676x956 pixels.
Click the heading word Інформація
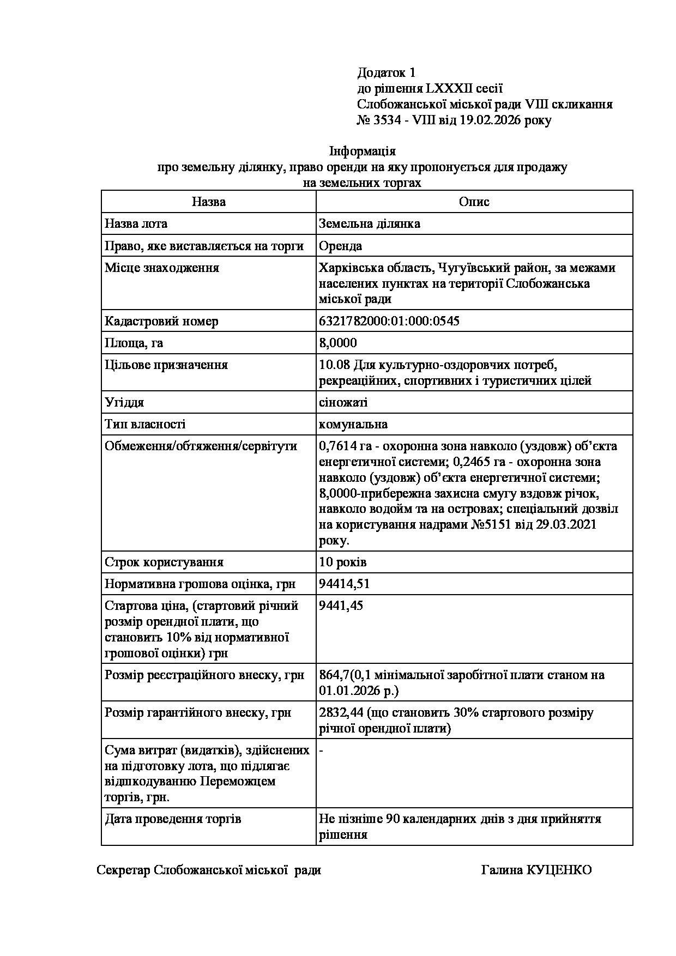pyautogui.click(x=363, y=151)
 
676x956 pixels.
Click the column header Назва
pyautogui.click(x=209, y=202)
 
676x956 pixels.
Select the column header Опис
pyautogui.click(x=474, y=202)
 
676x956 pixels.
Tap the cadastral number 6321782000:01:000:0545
pyautogui.click(x=389, y=321)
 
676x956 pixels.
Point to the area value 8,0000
pyautogui.click(x=338, y=343)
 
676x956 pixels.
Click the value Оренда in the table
pyautogui.click(x=341, y=246)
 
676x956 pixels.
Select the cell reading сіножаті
pyautogui.click(x=343, y=402)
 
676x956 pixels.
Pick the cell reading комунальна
pyautogui.click(x=353, y=424)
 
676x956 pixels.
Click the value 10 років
pyautogui.click(x=343, y=562)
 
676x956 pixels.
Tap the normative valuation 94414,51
pyautogui.click(x=345, y=584)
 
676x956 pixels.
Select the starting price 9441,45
pyautogui.click(x=341, y=606)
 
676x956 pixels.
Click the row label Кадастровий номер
pyautogui.click(x=161, y=321)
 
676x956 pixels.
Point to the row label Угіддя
pyautogui.click(x=124, y=402)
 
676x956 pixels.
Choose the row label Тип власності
pyautogui.click(x=145, y=424)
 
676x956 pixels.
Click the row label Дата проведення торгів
pyautogui.click(x=173, y=819)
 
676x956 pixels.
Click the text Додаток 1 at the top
pyautogui.click(x=387, y=72)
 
